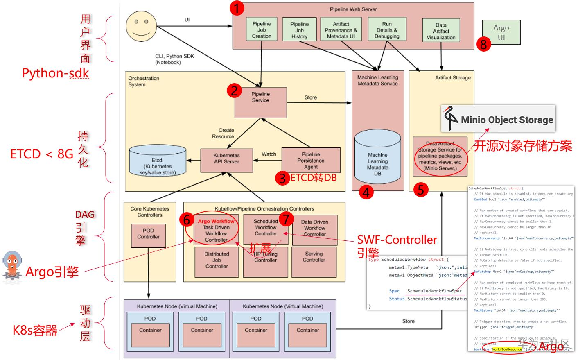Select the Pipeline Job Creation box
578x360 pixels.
click(262, 29)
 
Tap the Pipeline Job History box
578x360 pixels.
click(299, 30)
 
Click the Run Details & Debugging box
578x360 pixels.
click(387, 29)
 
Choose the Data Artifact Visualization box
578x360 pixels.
click(441, 31)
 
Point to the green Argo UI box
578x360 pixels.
click(501, 32)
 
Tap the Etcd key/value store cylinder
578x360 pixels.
click(158, 161)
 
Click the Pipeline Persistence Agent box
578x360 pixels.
click(311, 160)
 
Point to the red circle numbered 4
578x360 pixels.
click(366, 192)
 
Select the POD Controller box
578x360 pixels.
click(148, 235)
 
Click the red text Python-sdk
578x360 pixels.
click(55, 73)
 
